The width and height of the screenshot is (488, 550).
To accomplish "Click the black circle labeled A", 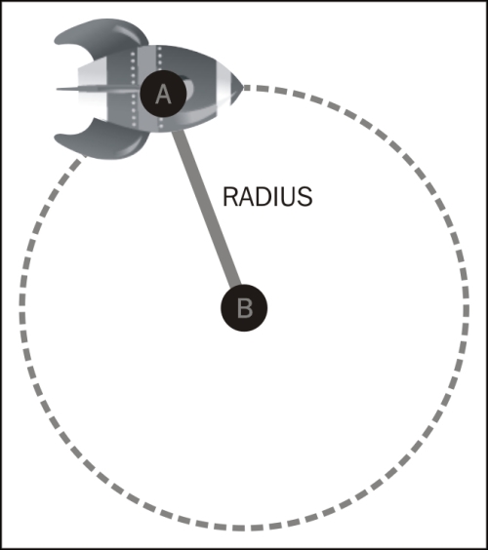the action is pos(163,94).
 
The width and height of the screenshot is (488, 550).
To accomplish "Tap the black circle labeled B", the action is pos(244,307).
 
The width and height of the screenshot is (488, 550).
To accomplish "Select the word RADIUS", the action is pos(267,197).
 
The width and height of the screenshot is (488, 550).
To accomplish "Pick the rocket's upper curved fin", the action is pos(102,35).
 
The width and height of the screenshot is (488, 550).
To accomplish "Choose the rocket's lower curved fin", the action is pos(102,140).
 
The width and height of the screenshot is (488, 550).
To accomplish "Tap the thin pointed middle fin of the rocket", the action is pos(95,89).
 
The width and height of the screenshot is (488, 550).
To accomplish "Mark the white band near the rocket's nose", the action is pos(224,85).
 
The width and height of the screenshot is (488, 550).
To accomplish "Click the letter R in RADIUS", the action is pos(230,197).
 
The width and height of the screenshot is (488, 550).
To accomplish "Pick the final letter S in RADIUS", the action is pos(305,197).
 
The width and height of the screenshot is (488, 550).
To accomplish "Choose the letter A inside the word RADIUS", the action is pos(246,197).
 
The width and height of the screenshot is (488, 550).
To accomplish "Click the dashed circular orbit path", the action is pos(467,309).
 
